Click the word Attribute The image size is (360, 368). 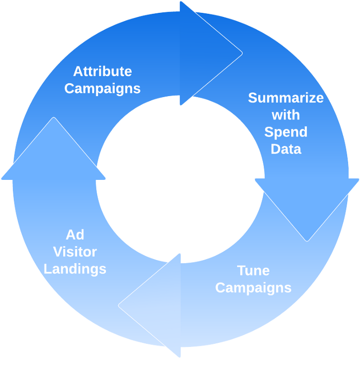(102, 71)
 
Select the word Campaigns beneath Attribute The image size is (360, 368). (102, 88)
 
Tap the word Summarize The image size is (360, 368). (286, 98)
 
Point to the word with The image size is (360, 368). (286, 115)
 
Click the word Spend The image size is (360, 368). (286, 132)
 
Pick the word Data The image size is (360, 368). (286, 149)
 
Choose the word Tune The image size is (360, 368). (253, 270)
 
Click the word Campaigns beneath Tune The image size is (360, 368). (253, 287)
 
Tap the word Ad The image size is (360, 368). (75, 235)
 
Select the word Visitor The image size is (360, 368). (75, 252)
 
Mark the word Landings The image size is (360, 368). (75, 269)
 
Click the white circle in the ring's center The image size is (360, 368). (180, 179)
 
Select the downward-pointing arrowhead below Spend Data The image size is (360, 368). (307, 206)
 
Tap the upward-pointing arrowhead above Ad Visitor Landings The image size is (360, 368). (53, 154)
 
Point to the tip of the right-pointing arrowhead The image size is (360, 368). (241, 53)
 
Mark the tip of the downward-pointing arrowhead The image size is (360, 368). (307, 240)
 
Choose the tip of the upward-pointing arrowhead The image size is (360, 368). (53, 119)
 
